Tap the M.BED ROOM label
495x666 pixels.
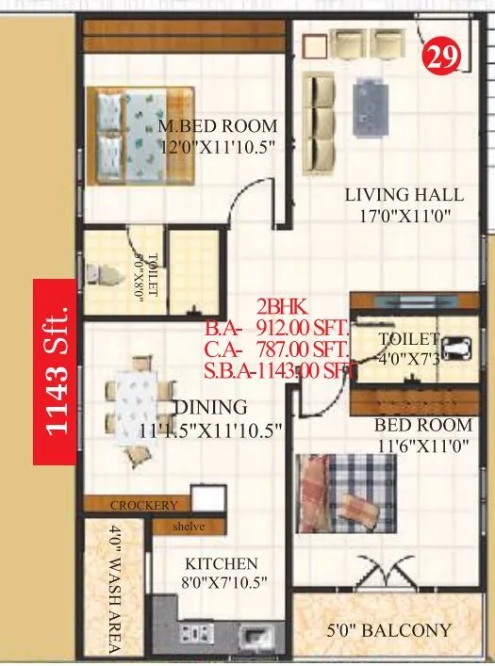point(218,126)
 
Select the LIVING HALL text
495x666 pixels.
point(404,195)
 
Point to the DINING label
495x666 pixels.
point(210,408)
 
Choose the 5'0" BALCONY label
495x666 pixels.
point(389,630)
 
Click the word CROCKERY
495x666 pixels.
point(143,505)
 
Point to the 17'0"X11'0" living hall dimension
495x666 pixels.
point(404,215)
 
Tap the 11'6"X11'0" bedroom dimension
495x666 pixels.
point(422,448)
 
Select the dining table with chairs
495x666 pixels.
point(136,406)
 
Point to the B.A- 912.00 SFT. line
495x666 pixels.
point(277,329)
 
